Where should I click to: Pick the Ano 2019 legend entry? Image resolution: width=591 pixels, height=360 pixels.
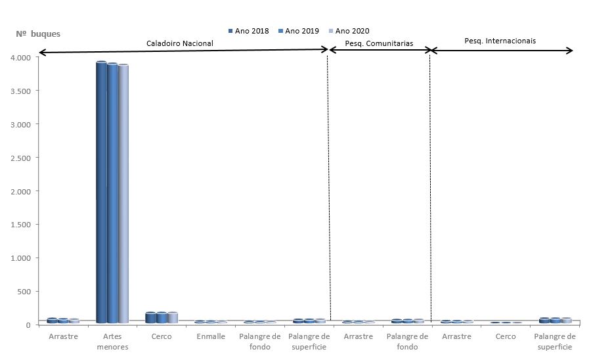coord(299,30)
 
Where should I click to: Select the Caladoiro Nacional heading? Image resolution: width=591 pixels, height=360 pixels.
coord(179,43)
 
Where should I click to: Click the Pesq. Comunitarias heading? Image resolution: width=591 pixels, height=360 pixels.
coord(379,43)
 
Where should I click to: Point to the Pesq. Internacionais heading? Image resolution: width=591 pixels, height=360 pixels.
coord(500,41)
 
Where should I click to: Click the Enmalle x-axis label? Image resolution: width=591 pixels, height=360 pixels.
coord(211,336)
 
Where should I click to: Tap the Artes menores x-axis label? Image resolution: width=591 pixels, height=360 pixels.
coord(112,341)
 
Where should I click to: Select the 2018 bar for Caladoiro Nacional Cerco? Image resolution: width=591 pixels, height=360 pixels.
coord(150,317)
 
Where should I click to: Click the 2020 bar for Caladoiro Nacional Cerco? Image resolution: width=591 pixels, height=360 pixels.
coord(173,317)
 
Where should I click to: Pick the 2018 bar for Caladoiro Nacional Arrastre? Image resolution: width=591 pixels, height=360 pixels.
coord(52,321)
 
